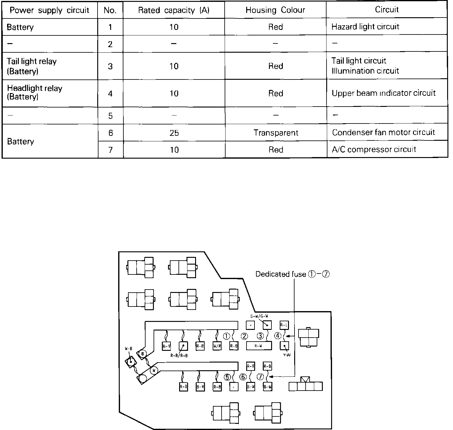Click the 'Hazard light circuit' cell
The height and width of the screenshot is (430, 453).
(x=365, y=27)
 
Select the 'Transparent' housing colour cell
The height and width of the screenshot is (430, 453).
(x=276, y=133)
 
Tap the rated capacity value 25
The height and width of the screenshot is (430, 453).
(x=174, y=133)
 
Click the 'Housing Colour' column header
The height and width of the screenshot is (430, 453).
(x=275, y=10)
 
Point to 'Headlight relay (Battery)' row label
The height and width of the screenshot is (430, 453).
(x=34, y=92)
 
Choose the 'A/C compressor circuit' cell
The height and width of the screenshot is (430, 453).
(x=374, y=149)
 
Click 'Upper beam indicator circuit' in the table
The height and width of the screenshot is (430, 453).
(x=383, y=93)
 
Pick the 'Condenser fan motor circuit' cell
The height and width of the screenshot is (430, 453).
(x=383, y=132)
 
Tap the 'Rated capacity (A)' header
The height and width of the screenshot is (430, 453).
(x=174, y=10)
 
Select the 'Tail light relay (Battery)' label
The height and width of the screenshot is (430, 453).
(x=32, y=66)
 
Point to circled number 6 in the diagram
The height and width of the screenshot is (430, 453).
(x=243, y=377)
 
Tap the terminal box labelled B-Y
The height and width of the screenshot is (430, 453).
(x=166, y=346)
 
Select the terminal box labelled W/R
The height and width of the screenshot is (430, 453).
(x=217, y=346)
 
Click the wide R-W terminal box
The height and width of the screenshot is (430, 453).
(x=259, y=346)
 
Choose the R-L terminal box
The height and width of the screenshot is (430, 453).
(x=284, y=325)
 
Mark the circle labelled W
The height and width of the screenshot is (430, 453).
(x=154, y=370)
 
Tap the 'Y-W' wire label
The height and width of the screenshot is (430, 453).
(x=287, y=355)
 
